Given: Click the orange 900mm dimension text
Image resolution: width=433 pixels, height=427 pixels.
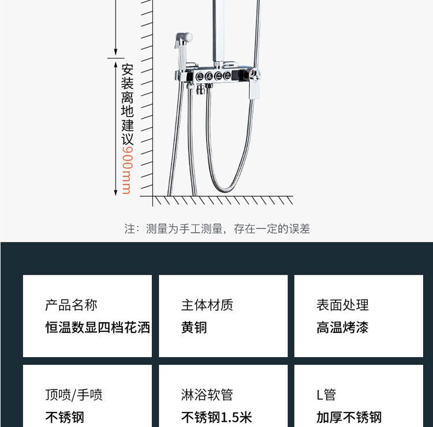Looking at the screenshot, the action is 127,170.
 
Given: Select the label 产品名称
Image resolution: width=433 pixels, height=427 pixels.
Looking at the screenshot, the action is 71,305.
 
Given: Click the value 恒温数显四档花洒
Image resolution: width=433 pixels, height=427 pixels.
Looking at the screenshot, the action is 98,328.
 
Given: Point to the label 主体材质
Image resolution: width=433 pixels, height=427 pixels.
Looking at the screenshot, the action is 207,305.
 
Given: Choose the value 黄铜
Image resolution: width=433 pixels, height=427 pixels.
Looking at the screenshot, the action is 194,328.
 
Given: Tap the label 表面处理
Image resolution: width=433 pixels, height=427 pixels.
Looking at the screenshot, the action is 342,305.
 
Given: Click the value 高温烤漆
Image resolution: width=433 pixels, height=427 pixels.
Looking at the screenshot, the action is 342,328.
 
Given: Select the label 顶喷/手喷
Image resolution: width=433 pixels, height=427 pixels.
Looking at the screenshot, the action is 74,395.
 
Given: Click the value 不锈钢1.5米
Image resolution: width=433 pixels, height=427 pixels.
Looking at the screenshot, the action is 216,417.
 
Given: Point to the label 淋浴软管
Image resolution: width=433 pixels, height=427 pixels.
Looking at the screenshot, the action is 207,395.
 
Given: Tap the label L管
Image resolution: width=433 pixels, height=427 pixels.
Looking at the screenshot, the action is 326,395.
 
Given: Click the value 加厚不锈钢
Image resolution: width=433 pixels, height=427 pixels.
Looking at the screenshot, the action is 349,417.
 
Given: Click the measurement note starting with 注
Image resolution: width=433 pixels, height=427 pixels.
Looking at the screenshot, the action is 217,229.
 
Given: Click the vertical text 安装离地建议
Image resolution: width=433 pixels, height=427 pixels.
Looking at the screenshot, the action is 127,104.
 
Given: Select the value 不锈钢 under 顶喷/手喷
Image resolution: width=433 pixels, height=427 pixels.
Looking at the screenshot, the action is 65,417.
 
